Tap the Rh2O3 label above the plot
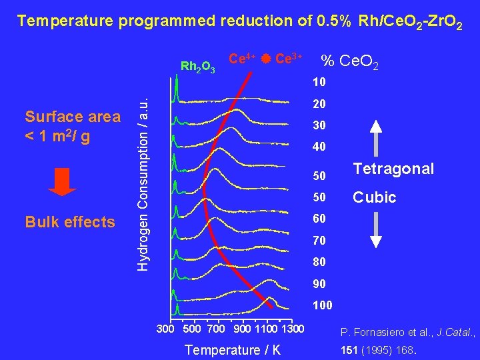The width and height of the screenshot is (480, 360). click(x=197, y=66)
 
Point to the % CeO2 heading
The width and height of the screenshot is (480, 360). click(x=351, y=62)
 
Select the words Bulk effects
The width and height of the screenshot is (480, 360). click(x=70, y=222)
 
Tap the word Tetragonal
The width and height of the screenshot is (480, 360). click(x=393, y=169)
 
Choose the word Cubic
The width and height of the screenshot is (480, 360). click(x=374, y=197)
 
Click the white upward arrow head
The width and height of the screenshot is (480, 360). click(x=375, y=127)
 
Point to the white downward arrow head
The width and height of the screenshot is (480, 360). click(x=375, y=241)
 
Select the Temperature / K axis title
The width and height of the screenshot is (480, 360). click(x=232, y=350)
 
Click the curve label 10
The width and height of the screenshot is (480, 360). click(x=319, y=83)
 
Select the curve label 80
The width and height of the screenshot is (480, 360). click(x=319, y=262)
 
